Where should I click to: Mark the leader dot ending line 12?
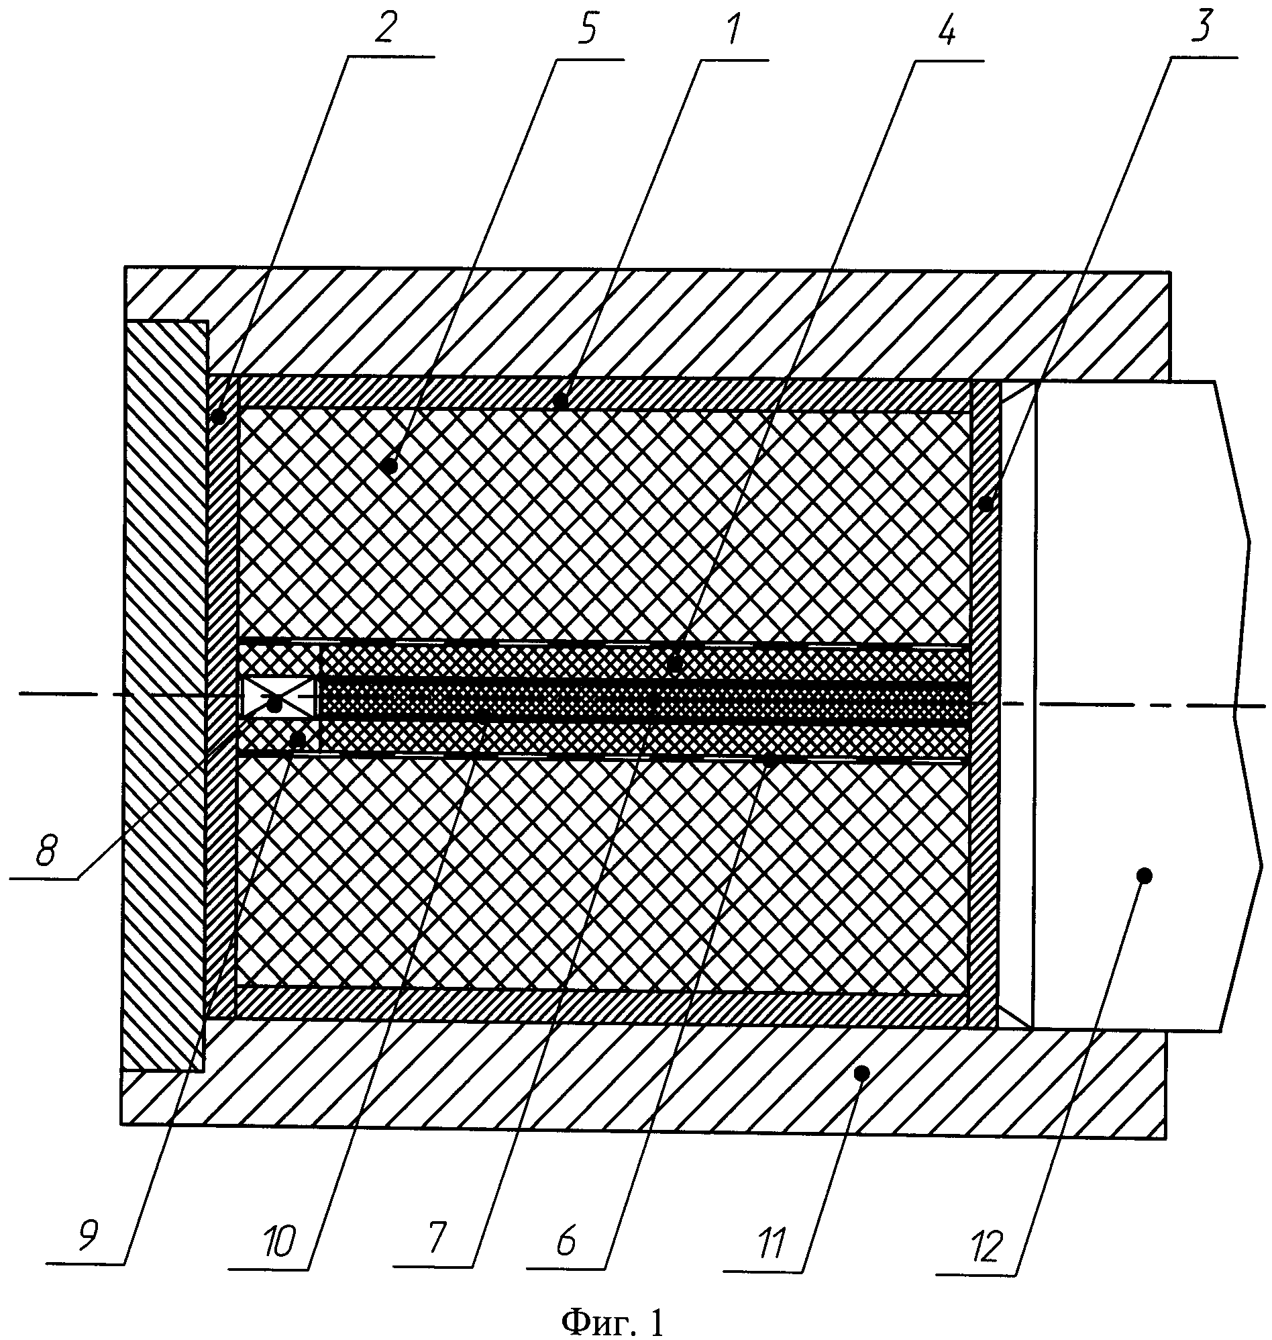tap(1144, 876)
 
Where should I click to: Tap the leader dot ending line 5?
tap(390, 466)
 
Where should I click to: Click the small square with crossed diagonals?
tap(278, 697)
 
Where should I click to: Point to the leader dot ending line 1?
tap(561, 401)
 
